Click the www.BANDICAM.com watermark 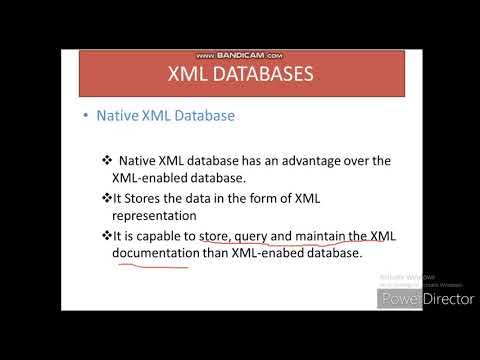[x=239, y=56]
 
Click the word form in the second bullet [x=282, y=197]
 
